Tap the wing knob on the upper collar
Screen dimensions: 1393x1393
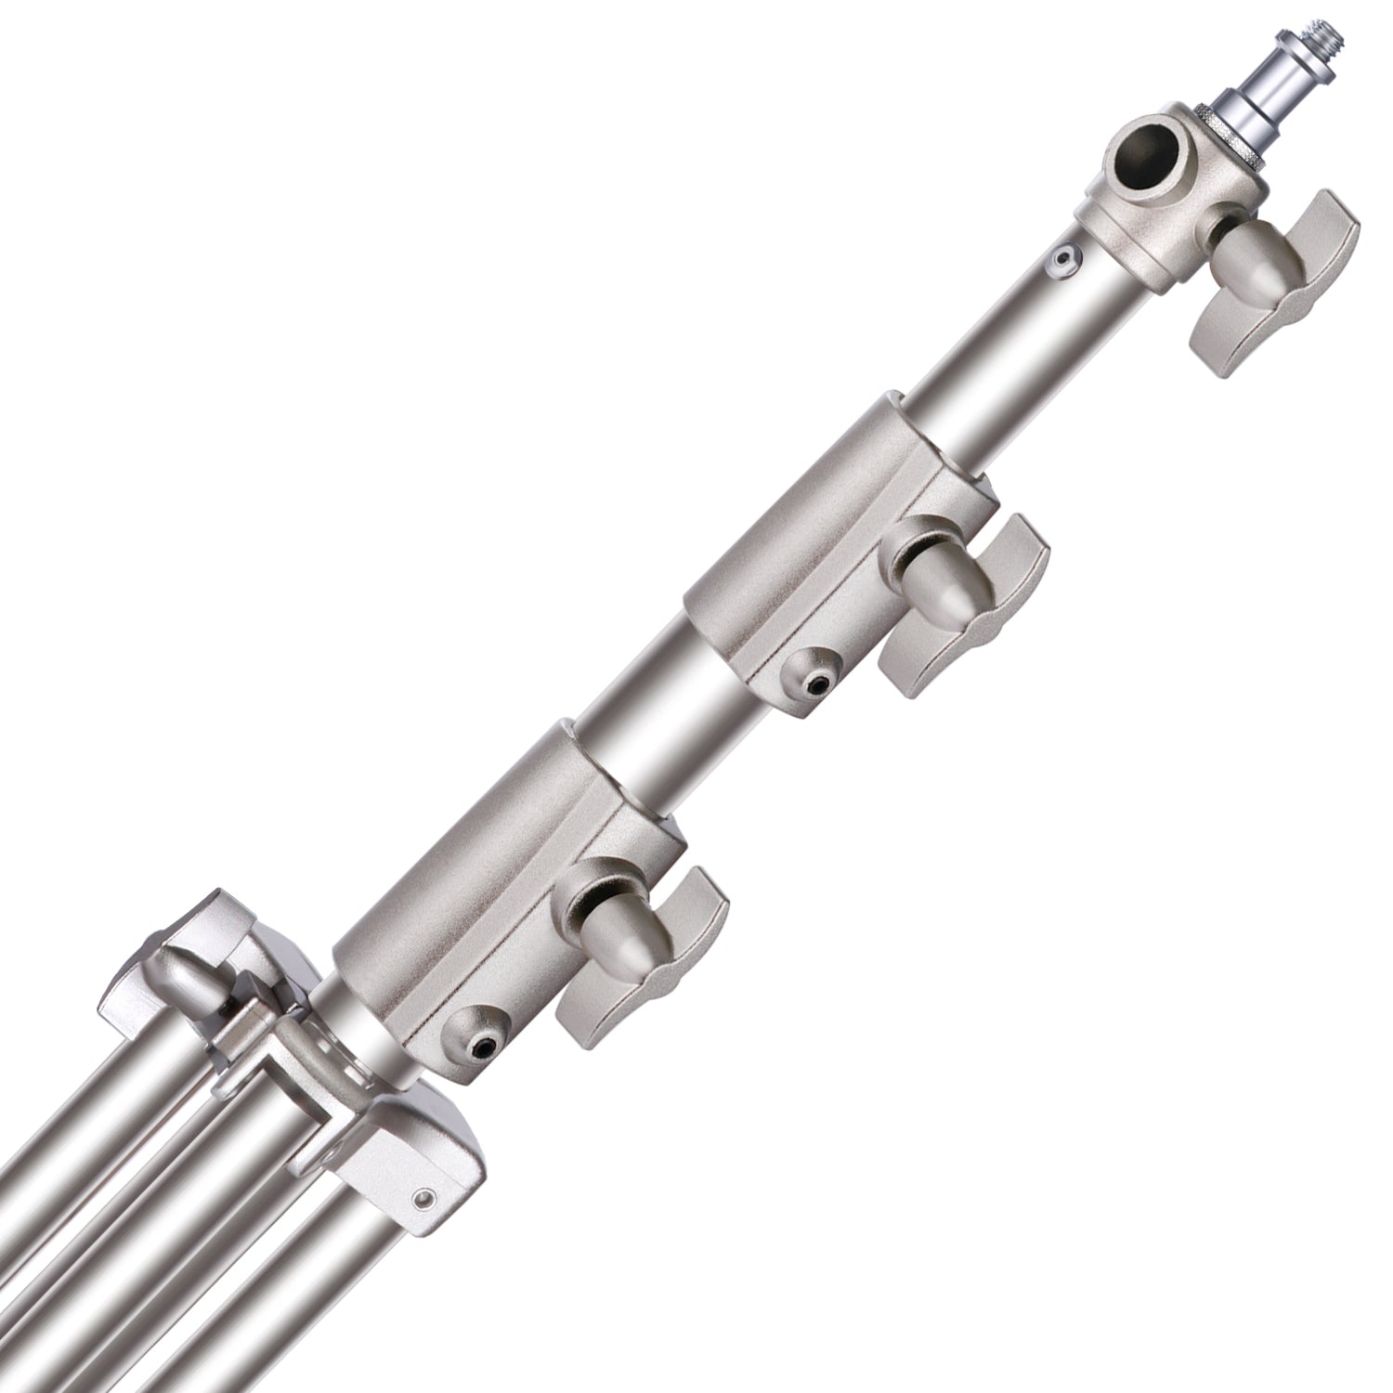pos(966,604)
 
